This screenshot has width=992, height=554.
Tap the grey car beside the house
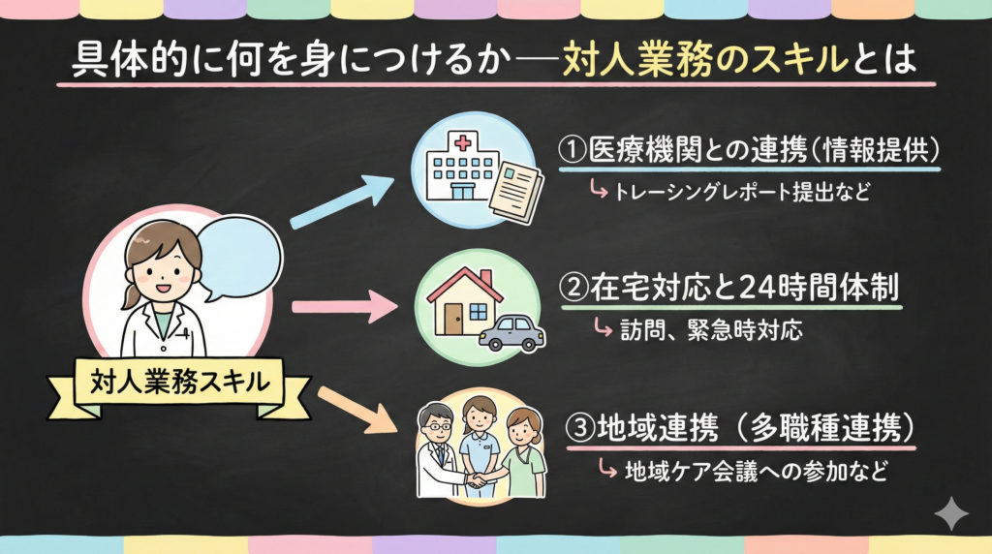[512, 332]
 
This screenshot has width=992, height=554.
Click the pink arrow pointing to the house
[345, 309]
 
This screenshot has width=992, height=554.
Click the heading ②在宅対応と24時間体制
[731, 289]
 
